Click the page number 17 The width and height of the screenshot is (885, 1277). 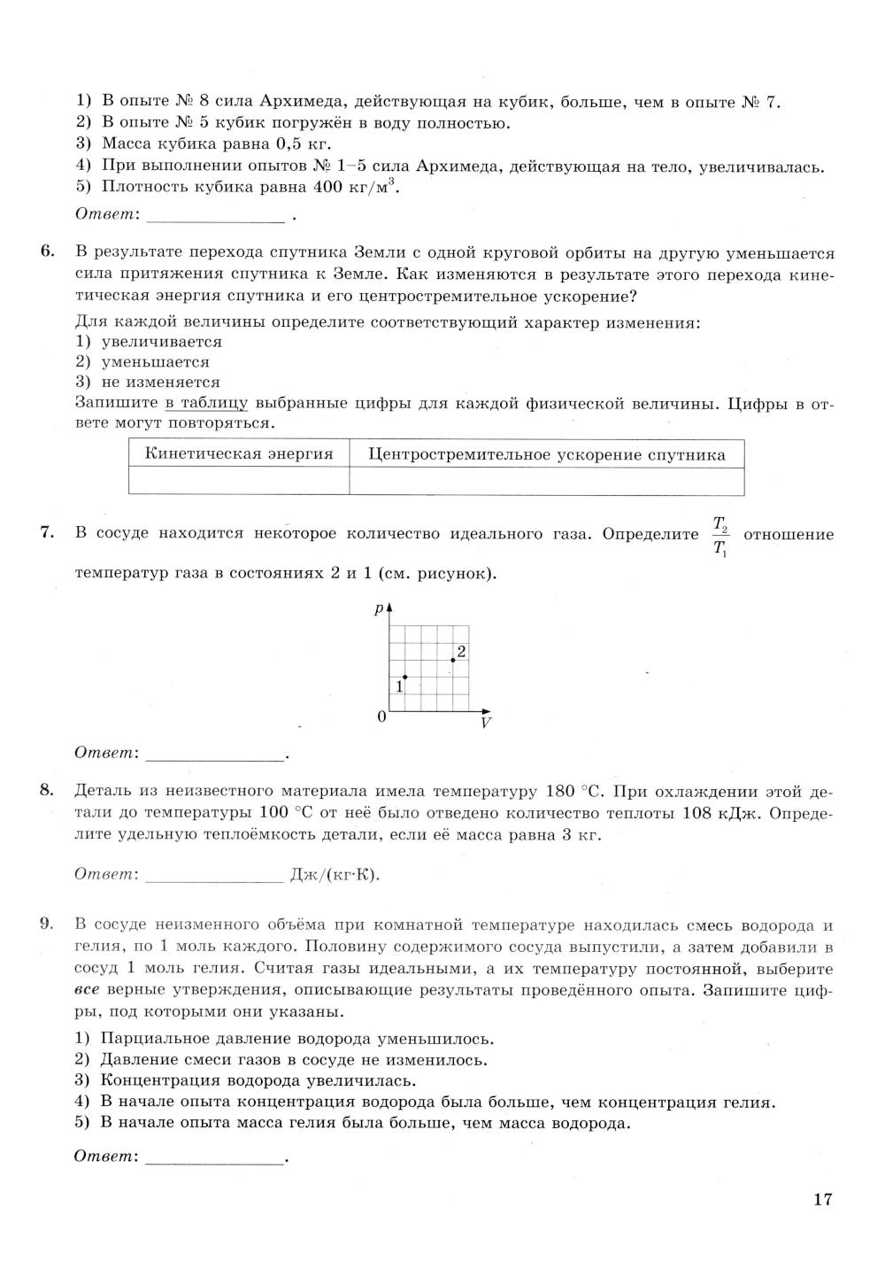(x=822, y=1200)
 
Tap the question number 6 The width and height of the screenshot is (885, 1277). (x=48, y=254)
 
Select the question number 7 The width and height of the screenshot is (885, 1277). (x=48, y=534)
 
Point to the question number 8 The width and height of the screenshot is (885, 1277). (x=48, y=791)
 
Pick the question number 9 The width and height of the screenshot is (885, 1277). (x=48, y=925)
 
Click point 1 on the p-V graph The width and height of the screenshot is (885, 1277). (x=404, y=677)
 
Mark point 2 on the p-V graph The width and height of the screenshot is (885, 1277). (x=453, y=660)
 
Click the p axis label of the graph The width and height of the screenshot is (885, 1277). (x=379, y=608)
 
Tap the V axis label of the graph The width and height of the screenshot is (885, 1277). (x=485, y=723)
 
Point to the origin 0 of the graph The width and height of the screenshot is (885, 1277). (x=381, y=716)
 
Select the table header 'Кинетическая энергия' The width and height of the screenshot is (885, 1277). (x=239, y=454)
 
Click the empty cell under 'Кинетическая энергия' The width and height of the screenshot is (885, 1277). (x=239, y=481)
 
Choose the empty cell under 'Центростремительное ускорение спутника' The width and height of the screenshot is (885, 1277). (x=546, y=481)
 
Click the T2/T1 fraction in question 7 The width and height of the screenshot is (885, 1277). (x=720, y=535)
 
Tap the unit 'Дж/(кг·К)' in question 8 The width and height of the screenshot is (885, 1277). (x=335, y=875)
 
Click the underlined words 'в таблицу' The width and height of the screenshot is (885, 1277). (x=205, y=404)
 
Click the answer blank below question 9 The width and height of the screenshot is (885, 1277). (x=214, y=1157)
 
